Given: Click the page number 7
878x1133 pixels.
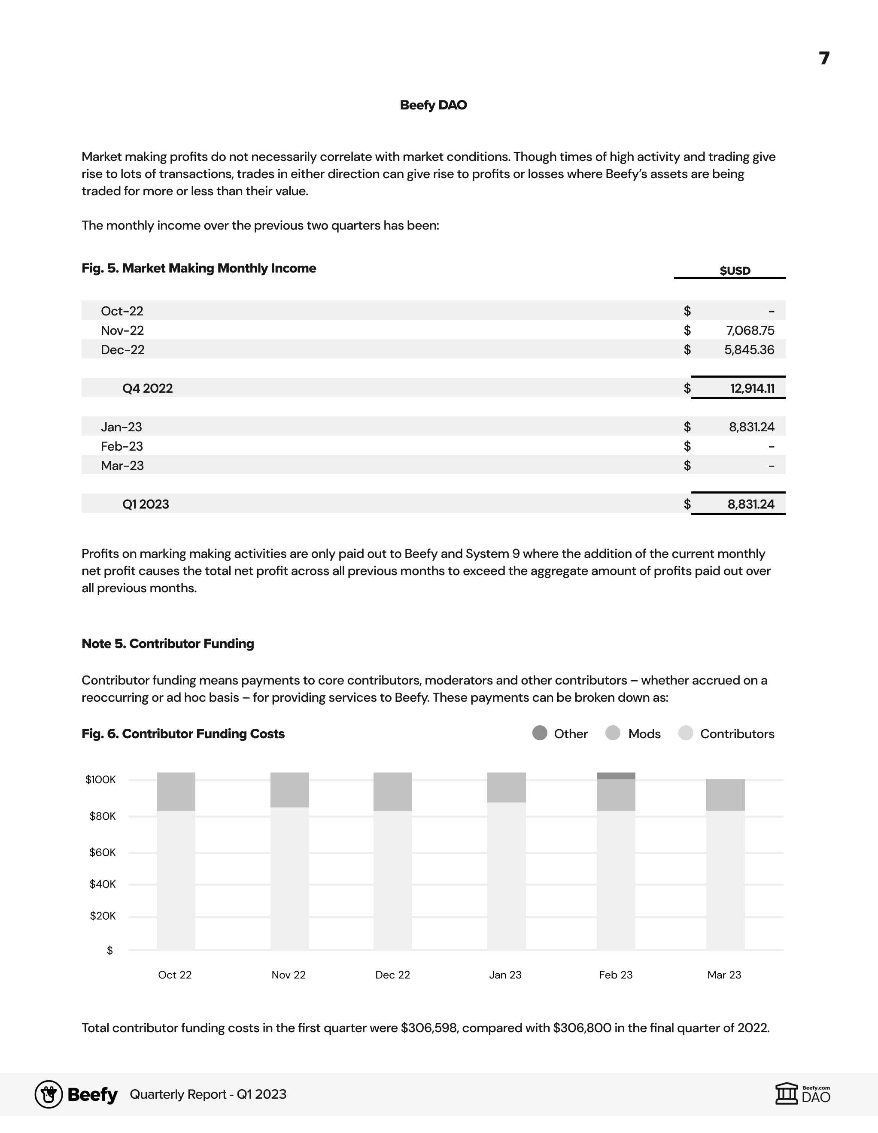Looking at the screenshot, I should point(824,58).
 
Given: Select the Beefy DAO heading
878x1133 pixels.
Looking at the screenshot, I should point(433,105).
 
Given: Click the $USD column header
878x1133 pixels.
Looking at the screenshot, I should point(735,270).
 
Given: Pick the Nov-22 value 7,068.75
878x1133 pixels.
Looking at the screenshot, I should point(750,330).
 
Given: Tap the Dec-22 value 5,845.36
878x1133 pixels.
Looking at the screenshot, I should point(749,350).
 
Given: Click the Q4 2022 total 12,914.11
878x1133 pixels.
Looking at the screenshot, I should point(752,388).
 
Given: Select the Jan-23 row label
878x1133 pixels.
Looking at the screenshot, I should point(122,427).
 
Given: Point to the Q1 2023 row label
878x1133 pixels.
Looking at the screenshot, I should point(146,504).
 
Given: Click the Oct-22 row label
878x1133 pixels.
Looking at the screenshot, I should point(122,311).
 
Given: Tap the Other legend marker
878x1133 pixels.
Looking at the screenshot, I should point(540,733).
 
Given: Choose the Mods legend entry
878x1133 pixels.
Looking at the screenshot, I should point(644,733).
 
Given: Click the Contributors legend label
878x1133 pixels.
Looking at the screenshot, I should point(737,733).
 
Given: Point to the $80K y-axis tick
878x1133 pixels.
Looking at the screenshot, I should point(102,816).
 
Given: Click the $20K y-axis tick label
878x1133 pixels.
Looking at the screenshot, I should point(102,916).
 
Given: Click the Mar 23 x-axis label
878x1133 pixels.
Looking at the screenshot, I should point(724,975).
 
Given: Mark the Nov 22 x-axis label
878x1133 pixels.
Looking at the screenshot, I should point(289,975).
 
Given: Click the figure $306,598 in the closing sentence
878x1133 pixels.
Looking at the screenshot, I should point(429,1028).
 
